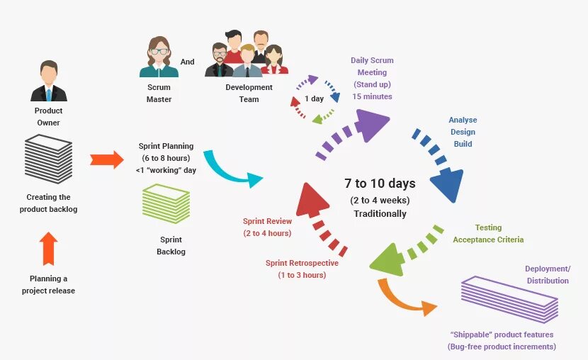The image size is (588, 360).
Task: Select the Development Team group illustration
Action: click(x=247, y=54)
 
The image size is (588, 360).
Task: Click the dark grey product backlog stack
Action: click(x=49, y=159)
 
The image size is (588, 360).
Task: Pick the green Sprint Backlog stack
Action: click(x=166, y=204)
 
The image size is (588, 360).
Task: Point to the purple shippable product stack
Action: click(x=510, y=299)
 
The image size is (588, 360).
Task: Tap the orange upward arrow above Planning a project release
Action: click(x=48, y=248)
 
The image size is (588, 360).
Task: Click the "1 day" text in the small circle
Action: click(x=315, y=99)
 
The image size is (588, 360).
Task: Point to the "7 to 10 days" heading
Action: click(x=380, y=184)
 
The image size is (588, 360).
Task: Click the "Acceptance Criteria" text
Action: click(x=488, y=240)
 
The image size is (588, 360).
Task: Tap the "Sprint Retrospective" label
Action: click(x=302, y=263)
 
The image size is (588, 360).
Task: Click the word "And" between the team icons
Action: click(x=187, y=62)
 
